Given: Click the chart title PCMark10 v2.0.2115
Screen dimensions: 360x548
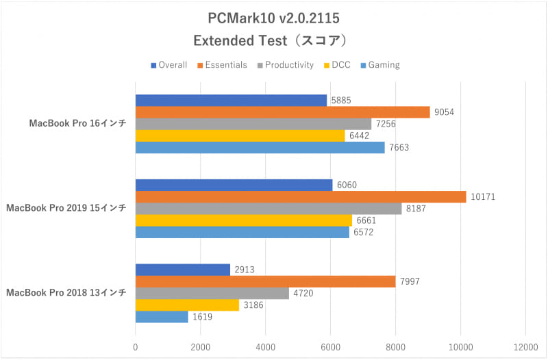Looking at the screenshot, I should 273,17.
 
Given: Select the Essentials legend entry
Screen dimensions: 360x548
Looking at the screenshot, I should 222,65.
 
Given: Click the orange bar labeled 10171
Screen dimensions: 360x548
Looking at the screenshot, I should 300,196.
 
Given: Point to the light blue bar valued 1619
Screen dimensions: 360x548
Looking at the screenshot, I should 162,317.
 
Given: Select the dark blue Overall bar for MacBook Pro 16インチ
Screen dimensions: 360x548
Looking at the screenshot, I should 231,101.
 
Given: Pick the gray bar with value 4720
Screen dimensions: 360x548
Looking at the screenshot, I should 212,293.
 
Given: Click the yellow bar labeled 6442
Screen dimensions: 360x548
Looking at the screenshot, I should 240,136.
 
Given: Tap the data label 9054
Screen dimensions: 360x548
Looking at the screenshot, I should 445,112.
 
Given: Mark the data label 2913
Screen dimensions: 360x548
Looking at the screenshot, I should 245,270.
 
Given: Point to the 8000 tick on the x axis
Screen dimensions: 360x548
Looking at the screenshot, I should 395,346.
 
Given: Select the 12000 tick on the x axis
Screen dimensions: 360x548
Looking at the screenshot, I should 525,346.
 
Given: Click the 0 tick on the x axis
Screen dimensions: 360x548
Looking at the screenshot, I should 136,346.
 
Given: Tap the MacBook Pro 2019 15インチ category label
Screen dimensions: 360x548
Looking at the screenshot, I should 66,208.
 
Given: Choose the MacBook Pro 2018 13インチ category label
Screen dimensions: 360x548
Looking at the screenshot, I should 66,293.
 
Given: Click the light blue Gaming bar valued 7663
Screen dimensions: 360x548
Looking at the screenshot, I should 260,147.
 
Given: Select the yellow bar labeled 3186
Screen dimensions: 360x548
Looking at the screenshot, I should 187,305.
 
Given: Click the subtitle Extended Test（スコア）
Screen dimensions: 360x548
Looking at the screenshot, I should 273,40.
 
